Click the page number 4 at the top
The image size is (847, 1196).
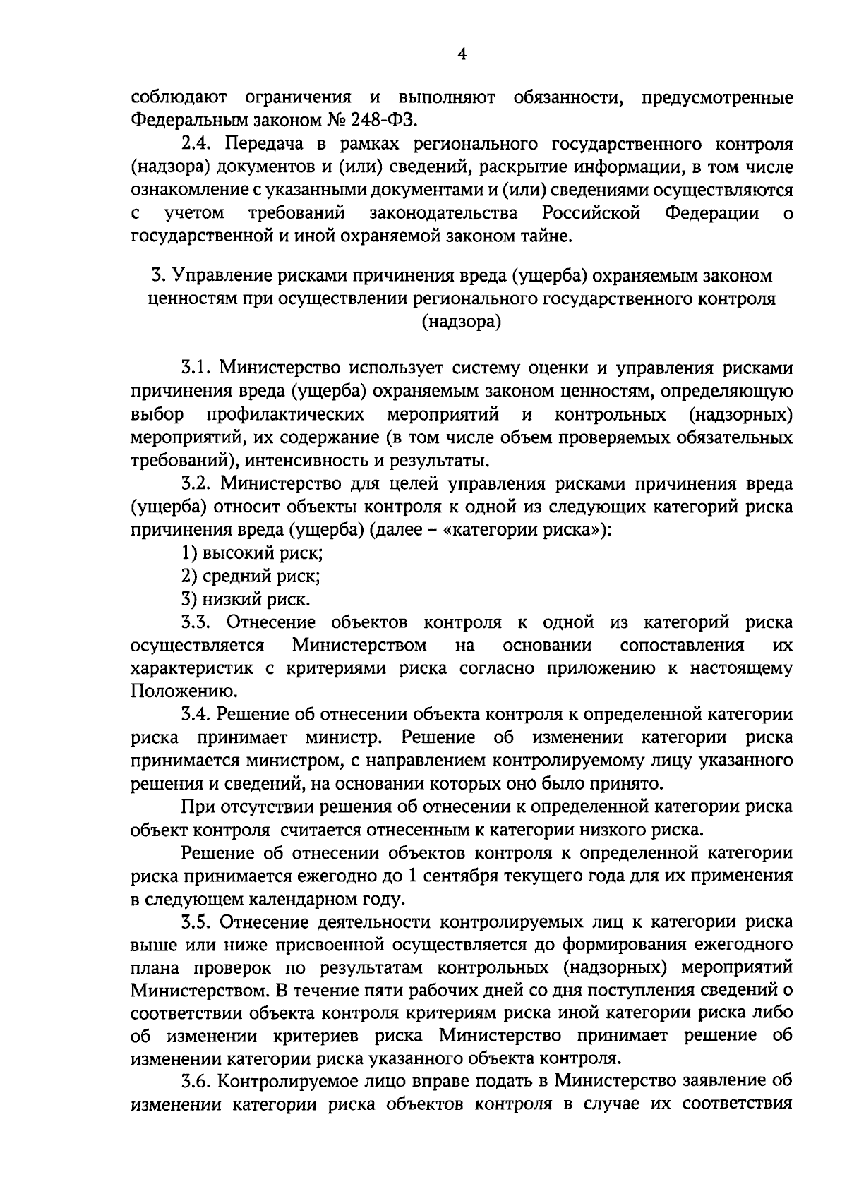[x=462, y=55]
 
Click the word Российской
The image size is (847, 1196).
[x=591, y=213]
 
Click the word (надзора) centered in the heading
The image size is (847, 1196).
[x=462, y=322]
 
